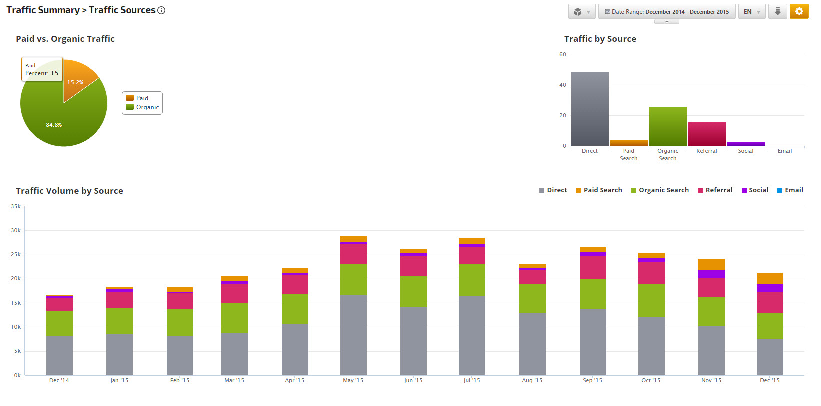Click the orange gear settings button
pos(799,11)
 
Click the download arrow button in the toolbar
pos(777,11)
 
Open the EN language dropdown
pos(751,12)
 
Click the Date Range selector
pos(667,12)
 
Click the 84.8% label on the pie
pos(54,125)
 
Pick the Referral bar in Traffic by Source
pos(707,134)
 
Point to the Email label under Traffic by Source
pos(784,151)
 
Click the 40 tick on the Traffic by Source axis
pos(563,85)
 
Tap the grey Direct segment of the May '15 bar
pos(353,335)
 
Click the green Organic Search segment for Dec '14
pos(59,323)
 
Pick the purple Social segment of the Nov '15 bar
pos(711,274)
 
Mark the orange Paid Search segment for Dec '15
pos(770,279)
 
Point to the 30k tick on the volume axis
pos(16,231)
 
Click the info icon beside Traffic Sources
pos(161,10)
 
